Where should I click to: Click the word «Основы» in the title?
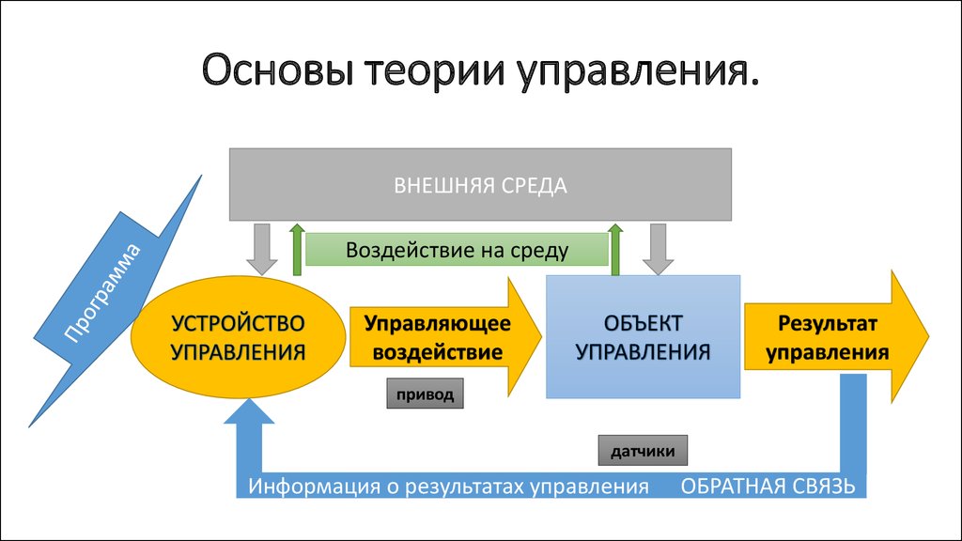(278, 70)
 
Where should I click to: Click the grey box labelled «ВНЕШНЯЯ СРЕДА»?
(480, 184)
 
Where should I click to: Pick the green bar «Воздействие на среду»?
(458, 250)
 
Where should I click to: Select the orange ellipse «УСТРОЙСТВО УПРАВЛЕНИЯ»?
(238, 337)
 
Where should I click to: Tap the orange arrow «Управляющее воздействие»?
(445, 337)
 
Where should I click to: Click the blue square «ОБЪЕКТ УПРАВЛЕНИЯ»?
(643, 337)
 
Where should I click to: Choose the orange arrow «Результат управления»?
(836, 337)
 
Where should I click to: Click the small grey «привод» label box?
(425, 394)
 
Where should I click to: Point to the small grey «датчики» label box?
(643, 451)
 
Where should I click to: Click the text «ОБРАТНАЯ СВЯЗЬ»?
(768, 486)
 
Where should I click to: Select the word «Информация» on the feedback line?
(315, 487)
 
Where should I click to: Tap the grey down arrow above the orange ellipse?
(262, 248)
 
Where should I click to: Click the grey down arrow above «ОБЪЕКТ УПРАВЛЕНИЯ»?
(658, 248)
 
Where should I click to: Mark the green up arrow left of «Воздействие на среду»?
(297, 250)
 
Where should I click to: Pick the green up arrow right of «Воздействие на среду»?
(615, 250)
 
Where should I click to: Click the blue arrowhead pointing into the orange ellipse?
(249, 411)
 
